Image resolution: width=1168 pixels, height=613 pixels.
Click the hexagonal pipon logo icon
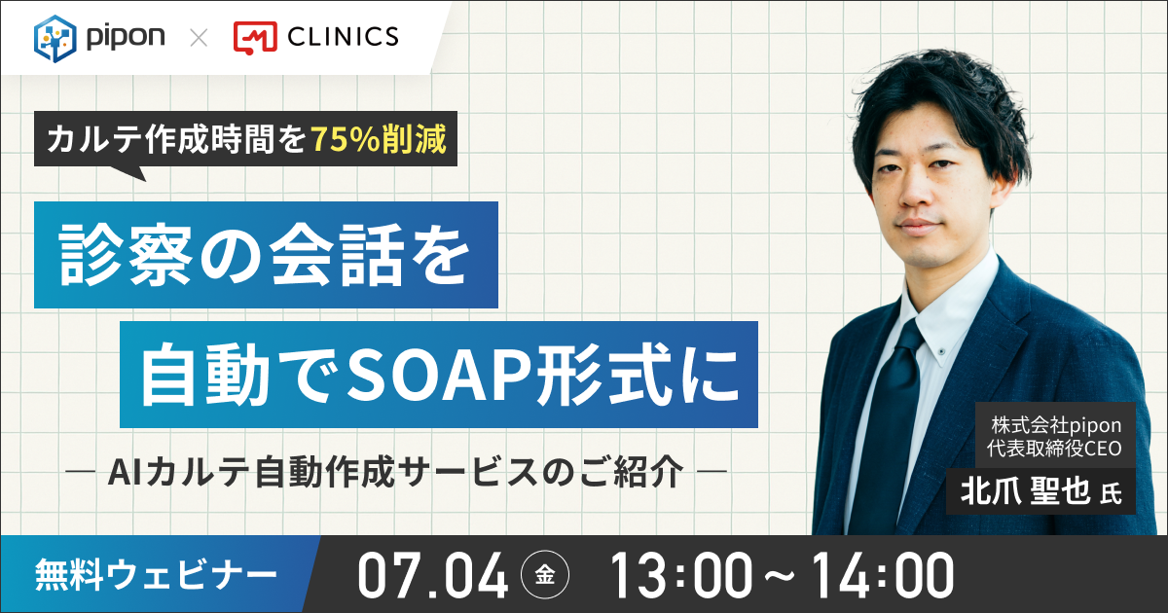point(55,39)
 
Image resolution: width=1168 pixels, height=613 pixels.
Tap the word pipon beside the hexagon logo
point(126,38)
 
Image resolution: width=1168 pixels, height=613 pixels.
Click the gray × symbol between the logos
point(199,38)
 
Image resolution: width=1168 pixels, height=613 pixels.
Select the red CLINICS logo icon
point(255,38)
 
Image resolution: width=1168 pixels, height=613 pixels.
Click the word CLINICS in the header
point(343,37)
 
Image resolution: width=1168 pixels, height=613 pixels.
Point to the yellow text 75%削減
point(379,139)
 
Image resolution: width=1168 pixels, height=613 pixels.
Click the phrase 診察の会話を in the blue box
point(266,255)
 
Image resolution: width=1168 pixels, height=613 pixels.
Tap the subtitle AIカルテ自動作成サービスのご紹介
point(396,472)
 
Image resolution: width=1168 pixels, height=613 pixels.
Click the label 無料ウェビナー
point(156,575)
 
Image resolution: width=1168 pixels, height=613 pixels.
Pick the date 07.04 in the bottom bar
point(432,575)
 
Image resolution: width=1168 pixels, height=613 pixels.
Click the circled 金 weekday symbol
point(545,575)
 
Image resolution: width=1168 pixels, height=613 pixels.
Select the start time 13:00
point(681,575)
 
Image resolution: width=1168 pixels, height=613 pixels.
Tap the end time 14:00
point(883,575)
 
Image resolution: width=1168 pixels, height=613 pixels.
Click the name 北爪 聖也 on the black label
point(1025,491)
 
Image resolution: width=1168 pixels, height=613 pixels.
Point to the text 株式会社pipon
point(1056,425)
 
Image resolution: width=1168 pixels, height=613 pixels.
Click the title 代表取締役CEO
point(1054,449)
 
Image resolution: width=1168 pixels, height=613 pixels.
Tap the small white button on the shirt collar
point(940,348)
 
